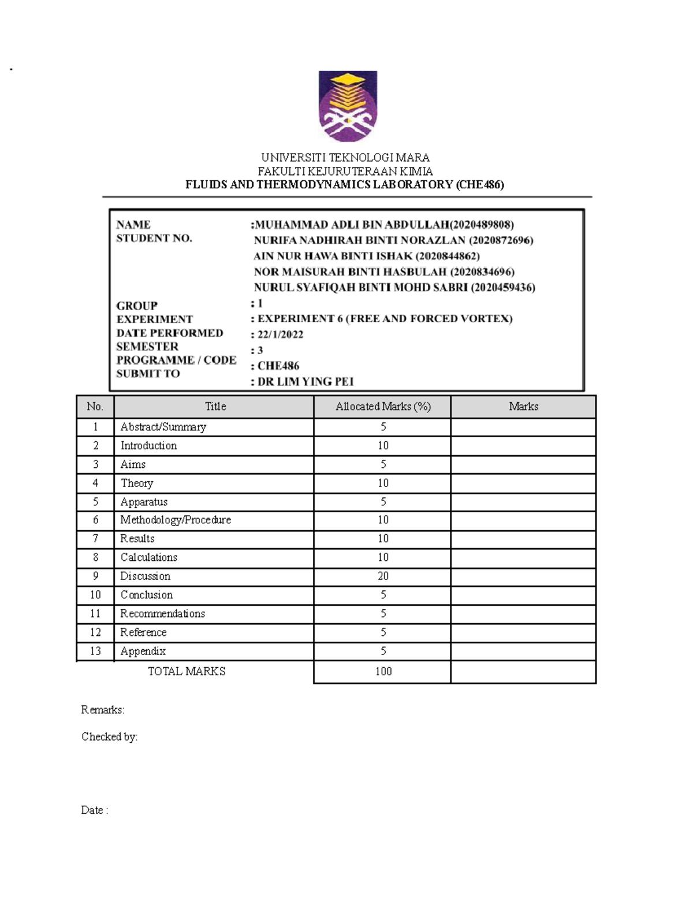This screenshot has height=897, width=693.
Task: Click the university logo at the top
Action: click(x=348, y=106)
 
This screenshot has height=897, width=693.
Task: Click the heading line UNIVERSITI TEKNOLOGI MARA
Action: click(x=345, y=158)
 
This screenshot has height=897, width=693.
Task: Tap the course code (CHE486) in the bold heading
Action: click(x=480, y=185)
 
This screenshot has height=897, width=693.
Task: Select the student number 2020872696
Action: click(x=501, y=240)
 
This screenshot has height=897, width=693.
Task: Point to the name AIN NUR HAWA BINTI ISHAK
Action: click(x=333, y=256)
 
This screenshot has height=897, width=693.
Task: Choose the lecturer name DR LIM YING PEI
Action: click(x=305, y=382)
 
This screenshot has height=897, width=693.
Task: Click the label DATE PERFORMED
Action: click(x=170, y=333)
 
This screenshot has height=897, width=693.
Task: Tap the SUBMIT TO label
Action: click(x=148, y=374)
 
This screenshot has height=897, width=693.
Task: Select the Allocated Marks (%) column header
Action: click(x=383, y=407)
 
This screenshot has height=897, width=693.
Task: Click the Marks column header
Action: click(x=523, y=407)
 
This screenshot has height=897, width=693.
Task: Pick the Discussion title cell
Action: click(x=146, y=576)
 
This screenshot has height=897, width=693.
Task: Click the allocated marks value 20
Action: click(x=383, y=576)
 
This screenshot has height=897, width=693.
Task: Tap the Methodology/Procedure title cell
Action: click(x=176, y=520)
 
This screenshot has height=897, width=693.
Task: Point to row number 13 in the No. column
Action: click(x=95, y=652)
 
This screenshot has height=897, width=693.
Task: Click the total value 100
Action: click(x=383, y=672)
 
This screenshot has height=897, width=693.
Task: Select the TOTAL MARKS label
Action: click(x=187, y=672)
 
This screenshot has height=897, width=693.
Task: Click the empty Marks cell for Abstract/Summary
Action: click(x=523, y=427)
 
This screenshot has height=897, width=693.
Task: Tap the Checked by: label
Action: click(x=109, y=737)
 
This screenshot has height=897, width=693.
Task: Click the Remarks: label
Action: click(x=103, y=710)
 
